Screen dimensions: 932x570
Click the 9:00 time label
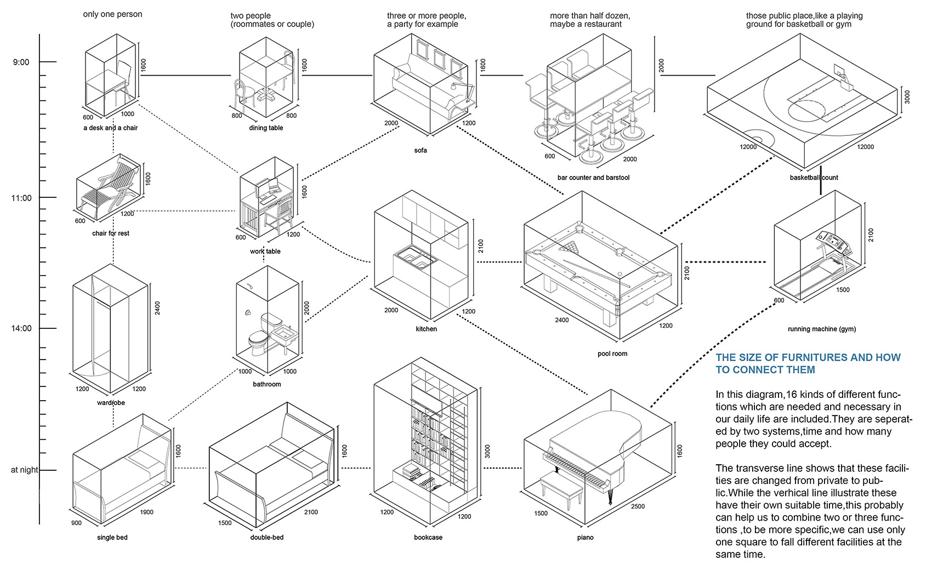tap(21, 62)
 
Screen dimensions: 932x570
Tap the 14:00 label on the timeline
tap(21, 328)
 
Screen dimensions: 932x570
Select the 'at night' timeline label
tap(24, 470)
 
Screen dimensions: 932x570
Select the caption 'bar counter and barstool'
tap(593, 178)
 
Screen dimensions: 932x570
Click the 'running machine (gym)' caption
tap(821, 329)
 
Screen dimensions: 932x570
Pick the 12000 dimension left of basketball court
tap(748, 146)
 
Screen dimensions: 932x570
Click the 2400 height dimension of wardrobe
tap(157, 308)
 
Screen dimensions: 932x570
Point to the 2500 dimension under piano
tap(638, 506)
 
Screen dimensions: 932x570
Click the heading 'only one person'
tap(112, 14)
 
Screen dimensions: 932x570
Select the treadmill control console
tap(831, 241)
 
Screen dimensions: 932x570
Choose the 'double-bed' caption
tap(266, 537)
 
